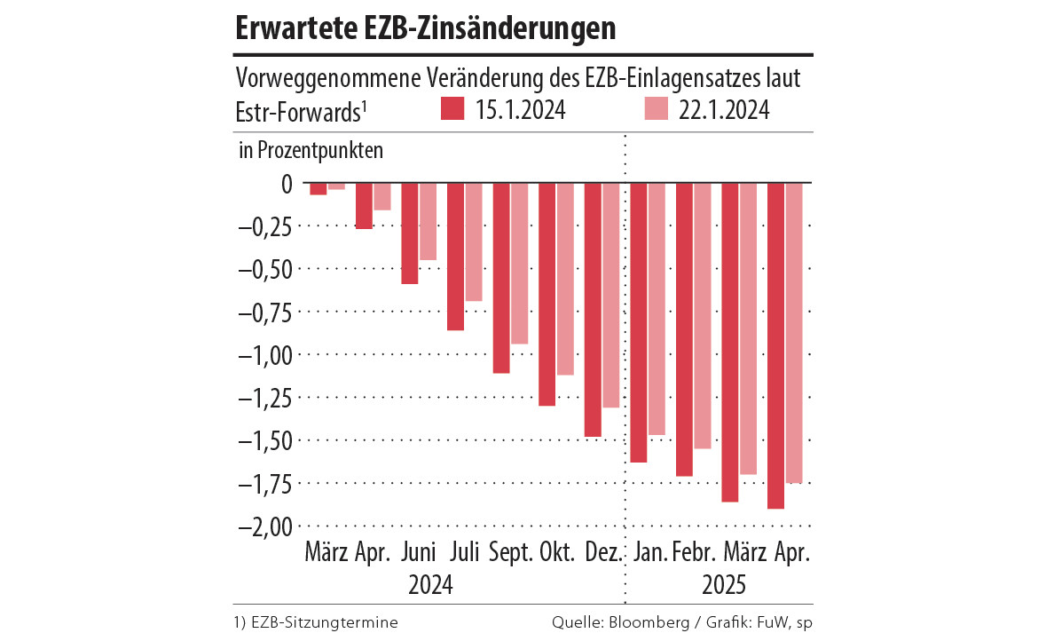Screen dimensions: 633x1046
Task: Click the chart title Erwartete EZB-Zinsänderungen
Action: (426, 28)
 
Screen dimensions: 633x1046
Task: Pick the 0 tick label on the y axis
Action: (286, 184)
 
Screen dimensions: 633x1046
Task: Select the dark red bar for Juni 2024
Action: (410, 233)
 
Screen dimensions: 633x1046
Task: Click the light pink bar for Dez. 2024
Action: (611, 295)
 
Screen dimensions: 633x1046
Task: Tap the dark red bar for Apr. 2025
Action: (775, 345)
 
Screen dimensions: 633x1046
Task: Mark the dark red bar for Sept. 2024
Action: (501, 277)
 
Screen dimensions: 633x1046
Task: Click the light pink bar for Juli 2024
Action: (474, 241)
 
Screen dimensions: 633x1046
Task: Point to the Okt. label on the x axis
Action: (558, 553)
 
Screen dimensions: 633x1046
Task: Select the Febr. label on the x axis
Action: (695, 553)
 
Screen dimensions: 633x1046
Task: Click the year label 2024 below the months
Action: (431, 586)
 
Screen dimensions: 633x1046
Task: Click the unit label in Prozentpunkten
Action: (311, 150)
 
